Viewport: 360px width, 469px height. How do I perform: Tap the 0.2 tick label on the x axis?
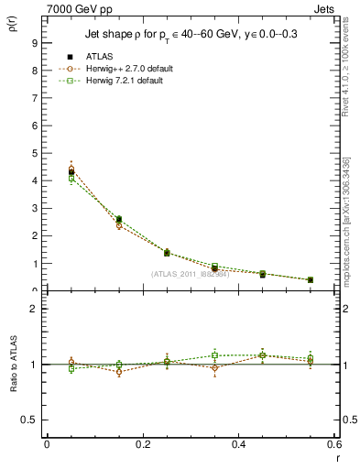pos(142,444)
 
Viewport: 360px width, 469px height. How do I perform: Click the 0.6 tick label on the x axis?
pos(333,444)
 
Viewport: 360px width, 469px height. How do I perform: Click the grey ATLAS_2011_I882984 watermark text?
pos(190,273)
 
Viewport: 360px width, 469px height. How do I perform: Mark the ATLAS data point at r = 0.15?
pos(118,220)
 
